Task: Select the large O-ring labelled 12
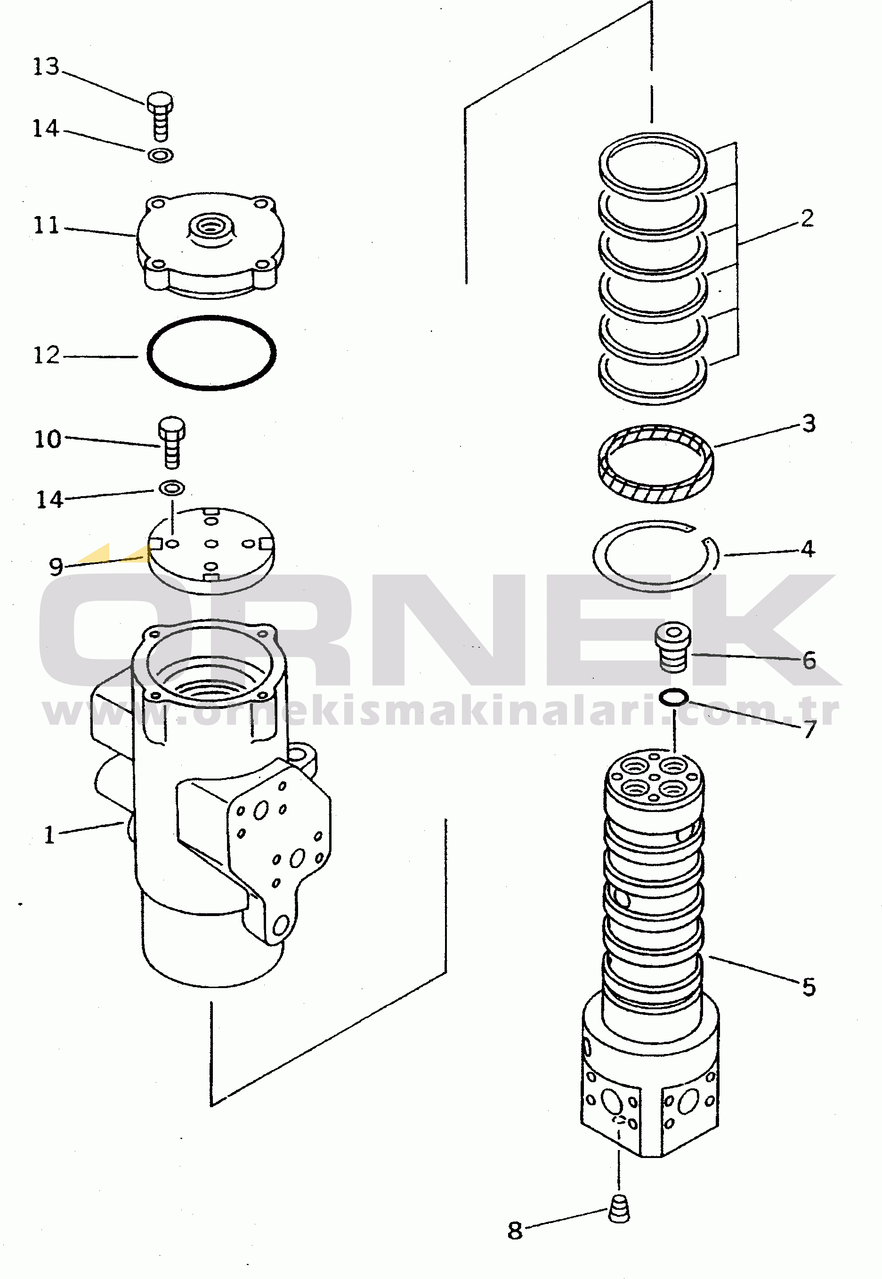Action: pos(211,353)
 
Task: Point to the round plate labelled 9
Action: pos(211,551)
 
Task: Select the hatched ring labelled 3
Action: pos(656,464)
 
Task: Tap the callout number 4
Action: pos(808,549)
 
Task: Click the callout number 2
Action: pos(808,218)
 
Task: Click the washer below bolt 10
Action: pos(172,488)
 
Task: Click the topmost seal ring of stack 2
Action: pos(653,165)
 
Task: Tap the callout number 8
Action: pos(515,1231)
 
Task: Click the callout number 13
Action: pos(47,66)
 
